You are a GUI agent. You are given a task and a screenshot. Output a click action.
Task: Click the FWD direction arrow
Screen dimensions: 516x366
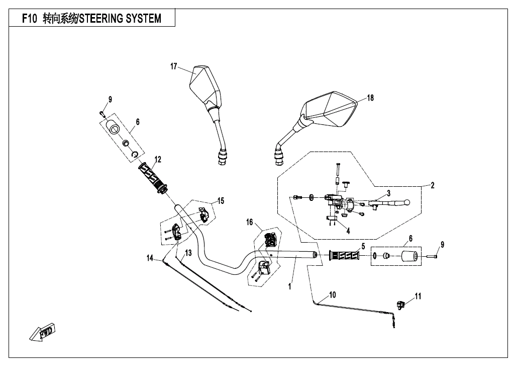(42, 332)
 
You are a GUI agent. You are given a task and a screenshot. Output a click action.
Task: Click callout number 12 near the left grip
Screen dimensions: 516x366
(158, 160)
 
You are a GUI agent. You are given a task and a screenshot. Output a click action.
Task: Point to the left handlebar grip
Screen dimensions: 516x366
(154, 178)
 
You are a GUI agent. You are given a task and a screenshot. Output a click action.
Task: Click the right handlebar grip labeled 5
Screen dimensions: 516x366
(344, 256)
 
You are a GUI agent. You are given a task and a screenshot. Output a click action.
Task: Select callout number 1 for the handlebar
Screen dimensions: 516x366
(289, 286)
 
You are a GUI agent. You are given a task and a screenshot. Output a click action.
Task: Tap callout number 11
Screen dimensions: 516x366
(418, 296)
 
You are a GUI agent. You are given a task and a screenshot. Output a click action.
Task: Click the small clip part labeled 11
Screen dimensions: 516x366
(400, 305)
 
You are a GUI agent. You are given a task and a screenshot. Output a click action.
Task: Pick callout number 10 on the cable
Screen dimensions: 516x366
(333, 295)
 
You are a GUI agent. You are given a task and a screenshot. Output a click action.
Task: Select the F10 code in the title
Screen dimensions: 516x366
(30, 19)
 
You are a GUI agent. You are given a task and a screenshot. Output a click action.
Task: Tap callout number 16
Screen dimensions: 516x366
(249, 222)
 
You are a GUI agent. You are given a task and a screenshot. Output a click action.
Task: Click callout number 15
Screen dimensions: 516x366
(221, 201)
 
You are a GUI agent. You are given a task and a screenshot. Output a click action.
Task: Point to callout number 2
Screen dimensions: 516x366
(433, 185)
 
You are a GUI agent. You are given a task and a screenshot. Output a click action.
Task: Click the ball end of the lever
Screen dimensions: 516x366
(407, 202)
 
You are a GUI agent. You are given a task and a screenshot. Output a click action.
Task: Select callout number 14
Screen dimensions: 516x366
(150, 258)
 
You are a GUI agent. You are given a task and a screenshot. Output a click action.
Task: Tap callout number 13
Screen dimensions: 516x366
(188, 253)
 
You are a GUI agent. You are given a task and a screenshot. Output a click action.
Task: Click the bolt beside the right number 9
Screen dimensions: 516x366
(432, 256)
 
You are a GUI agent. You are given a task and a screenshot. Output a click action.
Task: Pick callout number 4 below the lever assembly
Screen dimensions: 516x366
(348, 231)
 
